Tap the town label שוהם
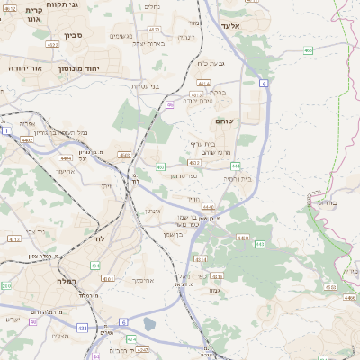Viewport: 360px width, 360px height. (225, 121)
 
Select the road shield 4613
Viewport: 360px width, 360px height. (197, 94)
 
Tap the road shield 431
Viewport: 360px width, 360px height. (82, 328)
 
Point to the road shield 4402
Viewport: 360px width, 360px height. (28, 140)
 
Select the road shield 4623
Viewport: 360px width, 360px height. (52, 43)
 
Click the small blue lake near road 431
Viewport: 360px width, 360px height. (148, 324)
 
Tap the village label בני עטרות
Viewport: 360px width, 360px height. (146, 86)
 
